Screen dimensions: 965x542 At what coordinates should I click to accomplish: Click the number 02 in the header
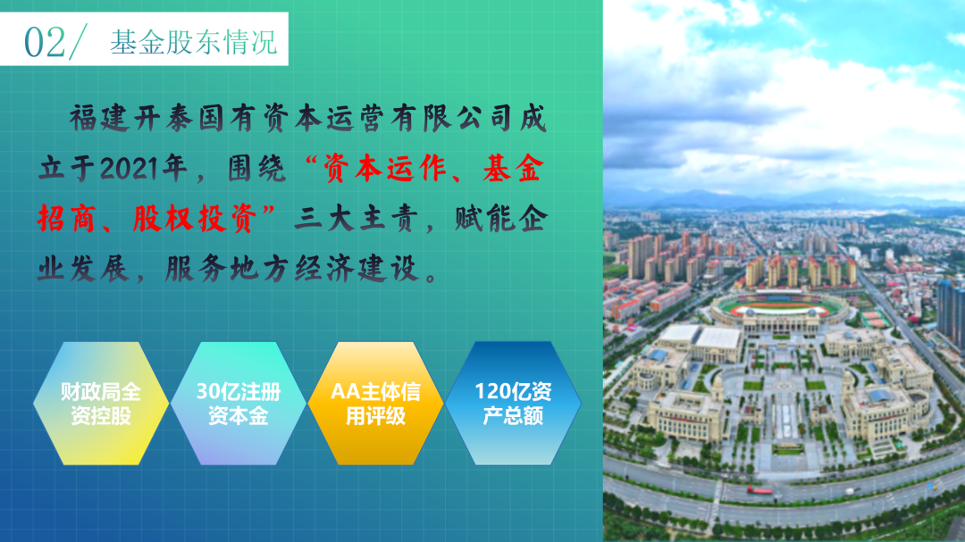tap(45, 42)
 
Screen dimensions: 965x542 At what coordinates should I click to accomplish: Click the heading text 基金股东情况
tap(194, 42)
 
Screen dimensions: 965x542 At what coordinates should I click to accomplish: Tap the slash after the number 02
tap(78, 42)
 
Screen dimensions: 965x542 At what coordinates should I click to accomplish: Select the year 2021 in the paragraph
tap(128, 168)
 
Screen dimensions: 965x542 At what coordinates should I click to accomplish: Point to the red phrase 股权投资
tap(195, 219)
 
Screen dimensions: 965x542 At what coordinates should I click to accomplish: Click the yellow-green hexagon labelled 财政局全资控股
tap(101, 404)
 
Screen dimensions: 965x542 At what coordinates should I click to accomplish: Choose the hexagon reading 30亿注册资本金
tap(239, 404)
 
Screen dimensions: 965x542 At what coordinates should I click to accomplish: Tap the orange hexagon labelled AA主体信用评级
tap(375, 404)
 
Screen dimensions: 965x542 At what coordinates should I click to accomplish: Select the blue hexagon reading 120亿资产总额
tap(513, 404)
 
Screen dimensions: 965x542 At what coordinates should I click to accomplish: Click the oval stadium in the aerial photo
tap(779, 305)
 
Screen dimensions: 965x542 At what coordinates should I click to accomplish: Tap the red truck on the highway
tap(760, 490)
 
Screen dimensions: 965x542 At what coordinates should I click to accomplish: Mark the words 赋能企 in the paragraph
tap(501, 219)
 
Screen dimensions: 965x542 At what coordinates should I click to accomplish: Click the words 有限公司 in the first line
tap(452, 118)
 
